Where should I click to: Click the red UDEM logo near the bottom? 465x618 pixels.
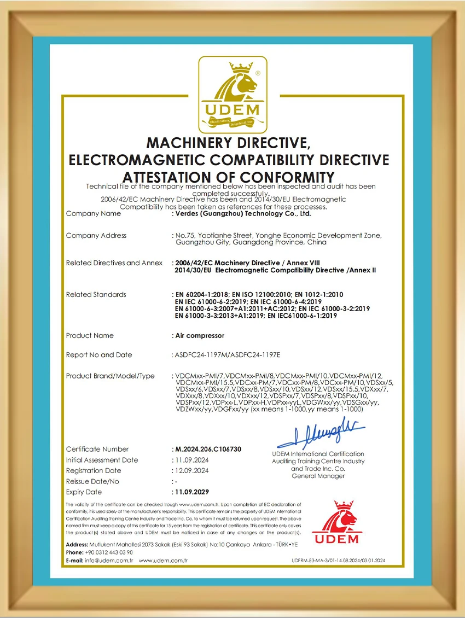(336, 522)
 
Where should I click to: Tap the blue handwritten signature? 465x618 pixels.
(321, 435)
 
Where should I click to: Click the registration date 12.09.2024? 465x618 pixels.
(191, 470)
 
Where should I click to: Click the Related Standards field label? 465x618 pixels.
(96, 295)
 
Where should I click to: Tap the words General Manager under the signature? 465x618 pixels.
(318, 476)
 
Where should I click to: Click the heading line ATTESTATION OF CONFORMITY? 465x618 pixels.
(228, 177)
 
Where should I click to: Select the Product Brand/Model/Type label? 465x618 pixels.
(110, 376)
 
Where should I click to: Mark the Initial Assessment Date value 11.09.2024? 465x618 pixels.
(191, 460)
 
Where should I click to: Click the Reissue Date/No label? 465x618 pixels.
(92, 481)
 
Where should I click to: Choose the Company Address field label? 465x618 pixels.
(96, 236)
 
